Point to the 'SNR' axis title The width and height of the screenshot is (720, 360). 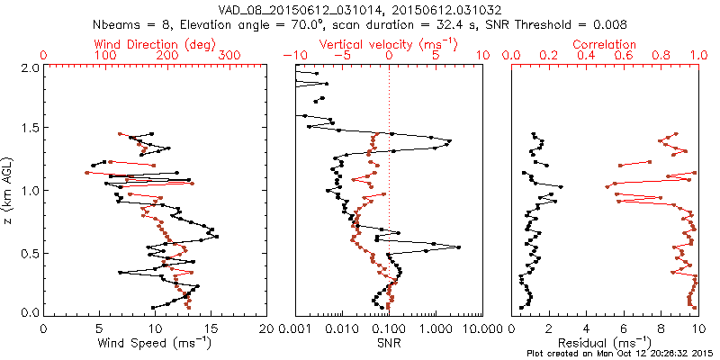tap(389, 343)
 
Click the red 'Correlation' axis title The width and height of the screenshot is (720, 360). tap(605, 44)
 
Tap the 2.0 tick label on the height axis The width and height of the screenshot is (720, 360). tap(29, 67)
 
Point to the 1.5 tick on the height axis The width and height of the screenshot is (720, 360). tap(29, 129)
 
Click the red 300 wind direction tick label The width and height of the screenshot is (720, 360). tap(229, 56)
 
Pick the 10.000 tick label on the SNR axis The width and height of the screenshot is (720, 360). tap(481, 328)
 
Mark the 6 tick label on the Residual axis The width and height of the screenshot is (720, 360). tap(624, 328)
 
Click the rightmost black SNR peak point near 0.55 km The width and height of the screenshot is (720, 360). tap(459, 247)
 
